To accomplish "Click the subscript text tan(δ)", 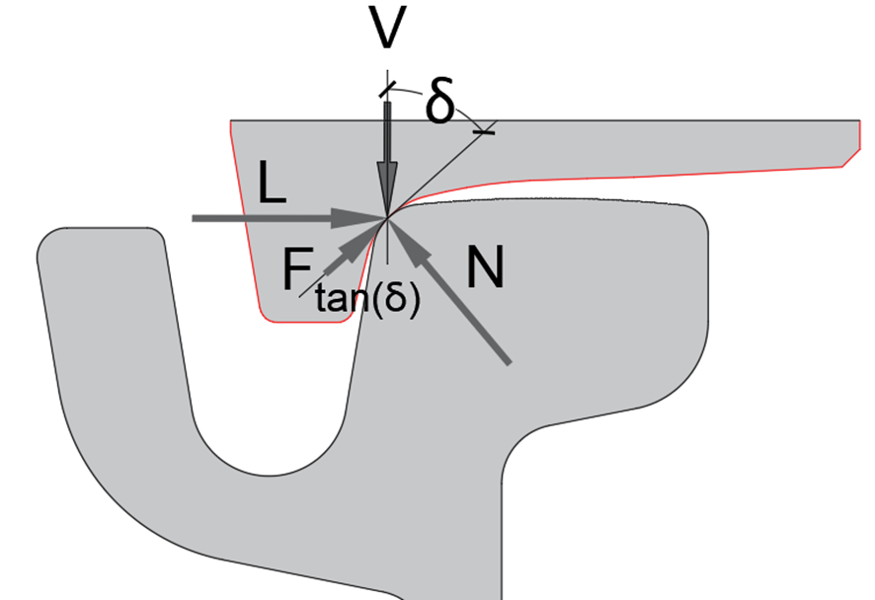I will pos(368,299).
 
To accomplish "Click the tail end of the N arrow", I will pos(510,364).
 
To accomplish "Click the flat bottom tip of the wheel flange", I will pos(307,321).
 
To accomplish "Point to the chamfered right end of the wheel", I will pos(848,158).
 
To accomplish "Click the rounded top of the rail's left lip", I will pos(99,233).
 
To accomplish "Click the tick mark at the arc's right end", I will pos(484,129).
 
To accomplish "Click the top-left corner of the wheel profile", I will pos(232,122).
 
